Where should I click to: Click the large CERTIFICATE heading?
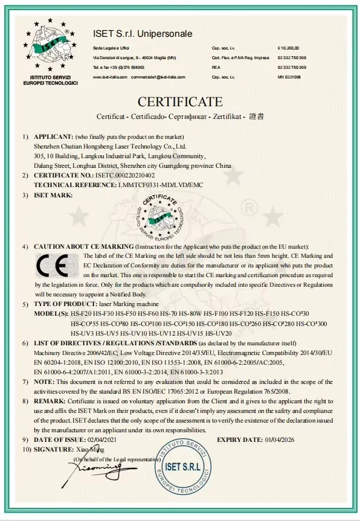[x=180, y=101]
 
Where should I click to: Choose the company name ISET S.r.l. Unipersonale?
[x=143, y=34]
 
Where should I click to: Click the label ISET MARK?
[x=53, y=195]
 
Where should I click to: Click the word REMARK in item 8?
[x=51, y=401]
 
